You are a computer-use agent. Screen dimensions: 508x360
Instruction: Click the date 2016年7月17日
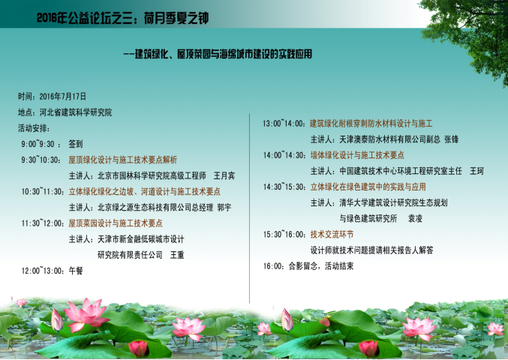tap(63, 97)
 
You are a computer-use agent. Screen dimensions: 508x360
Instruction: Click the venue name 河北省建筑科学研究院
tap(76, 112)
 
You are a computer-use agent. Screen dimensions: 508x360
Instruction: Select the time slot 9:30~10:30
tap(41, 160)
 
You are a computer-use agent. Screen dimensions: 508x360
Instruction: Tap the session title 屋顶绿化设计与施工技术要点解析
tap(123, 160)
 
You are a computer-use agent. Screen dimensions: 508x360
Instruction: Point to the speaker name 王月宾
tap(224, 175)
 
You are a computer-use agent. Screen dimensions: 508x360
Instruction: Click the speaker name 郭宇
tap(224, 208)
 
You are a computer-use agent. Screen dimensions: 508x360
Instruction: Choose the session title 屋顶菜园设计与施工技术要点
tap(116, 223)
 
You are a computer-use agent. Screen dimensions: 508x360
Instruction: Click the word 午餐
tap(76, 271)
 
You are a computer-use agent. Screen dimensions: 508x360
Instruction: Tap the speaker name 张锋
tap(451, 139)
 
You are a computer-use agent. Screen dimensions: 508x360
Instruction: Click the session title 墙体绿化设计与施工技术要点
tap(357, 155)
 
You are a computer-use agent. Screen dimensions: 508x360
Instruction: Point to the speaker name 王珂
tap(476, 171)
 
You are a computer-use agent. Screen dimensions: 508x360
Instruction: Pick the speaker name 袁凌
tap(415, 219)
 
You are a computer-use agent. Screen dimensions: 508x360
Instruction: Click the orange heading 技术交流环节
tap(332, 235)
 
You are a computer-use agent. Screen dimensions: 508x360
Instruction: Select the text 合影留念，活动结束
tap(321, 266)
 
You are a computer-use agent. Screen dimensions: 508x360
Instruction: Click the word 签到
tap(76, 144)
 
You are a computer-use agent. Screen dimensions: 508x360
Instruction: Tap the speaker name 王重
tap(177, 255)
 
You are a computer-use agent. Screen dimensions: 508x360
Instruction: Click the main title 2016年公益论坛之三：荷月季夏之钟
tap(122, 18)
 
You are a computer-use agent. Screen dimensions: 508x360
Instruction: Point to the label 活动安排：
tap(34, 128)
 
